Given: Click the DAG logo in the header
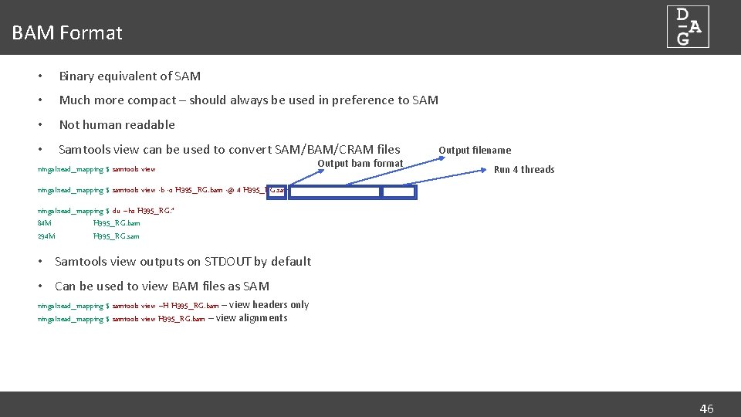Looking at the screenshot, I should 688,27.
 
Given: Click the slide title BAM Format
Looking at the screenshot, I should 67,33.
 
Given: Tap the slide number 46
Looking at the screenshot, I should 706,409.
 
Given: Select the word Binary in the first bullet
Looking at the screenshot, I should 77,76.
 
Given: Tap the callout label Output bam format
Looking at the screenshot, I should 360,163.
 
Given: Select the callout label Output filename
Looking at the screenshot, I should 474,151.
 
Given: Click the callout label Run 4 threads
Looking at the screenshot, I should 523,170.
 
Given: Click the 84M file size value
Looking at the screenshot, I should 44,223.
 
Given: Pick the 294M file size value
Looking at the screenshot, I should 46,236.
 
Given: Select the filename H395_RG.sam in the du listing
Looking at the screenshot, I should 117,236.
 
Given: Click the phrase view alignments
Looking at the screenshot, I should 252,318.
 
